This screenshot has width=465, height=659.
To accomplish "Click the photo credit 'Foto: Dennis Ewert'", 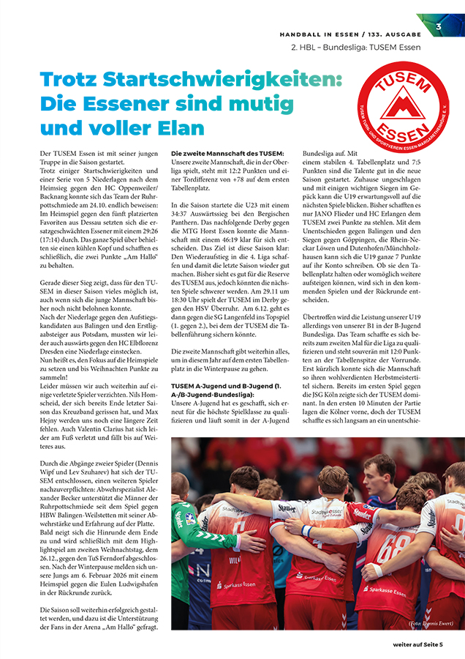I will [431, 623].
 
